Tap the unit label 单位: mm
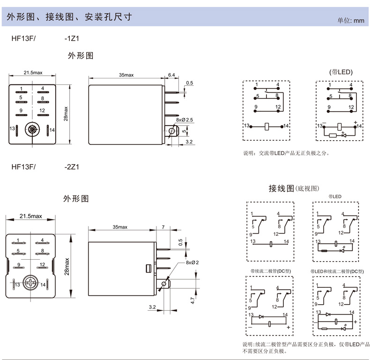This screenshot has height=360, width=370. click(351, 20)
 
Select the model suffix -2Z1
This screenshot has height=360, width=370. click(72, 166)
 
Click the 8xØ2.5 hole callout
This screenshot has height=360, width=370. click(184, 120)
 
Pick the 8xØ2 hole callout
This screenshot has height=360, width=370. click(192, 262)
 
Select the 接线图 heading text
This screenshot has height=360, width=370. click(281, 188)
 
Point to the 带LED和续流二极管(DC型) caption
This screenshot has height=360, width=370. click(336, 271)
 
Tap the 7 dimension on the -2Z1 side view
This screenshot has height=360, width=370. click(163, 227)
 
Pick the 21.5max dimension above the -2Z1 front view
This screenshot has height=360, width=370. click(31, 216)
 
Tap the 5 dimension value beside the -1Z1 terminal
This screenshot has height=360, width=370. click(184, 131)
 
